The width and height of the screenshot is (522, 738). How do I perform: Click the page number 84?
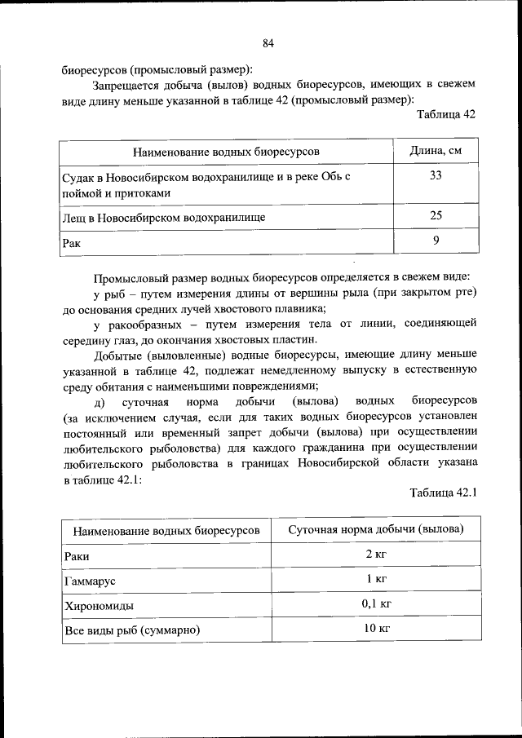click(x=268, y=43)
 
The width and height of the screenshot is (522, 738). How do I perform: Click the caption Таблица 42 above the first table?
click(x=445, y=114)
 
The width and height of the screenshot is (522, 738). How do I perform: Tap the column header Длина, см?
click(x=436, y=152)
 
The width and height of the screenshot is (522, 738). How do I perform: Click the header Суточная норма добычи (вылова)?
click(x=376, y=530)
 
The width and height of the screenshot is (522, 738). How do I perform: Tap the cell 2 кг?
click(x=376, y=555)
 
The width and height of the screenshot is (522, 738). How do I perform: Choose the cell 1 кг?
click(x=376, y=579)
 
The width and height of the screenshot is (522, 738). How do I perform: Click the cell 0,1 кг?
click(x=376, y=604)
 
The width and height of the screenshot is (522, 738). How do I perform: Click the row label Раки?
click(x=76, y=556)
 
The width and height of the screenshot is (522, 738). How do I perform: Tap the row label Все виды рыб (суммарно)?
click(x=131, y=630)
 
